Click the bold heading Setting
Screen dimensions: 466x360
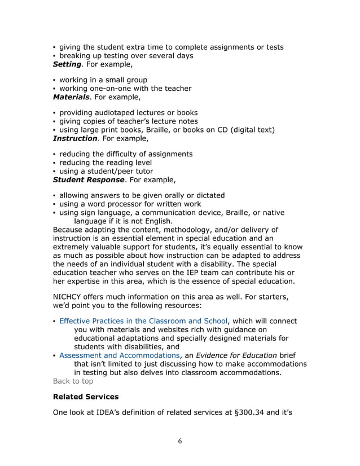click(67, 64)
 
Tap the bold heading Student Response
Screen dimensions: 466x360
click(89, 180)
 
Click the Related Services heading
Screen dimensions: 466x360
click(85, 397)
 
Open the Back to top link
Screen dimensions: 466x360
click(73, 381)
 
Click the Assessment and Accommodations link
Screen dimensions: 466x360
click(120, 355)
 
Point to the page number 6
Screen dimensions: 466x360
click(179, 441)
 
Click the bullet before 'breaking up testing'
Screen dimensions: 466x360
click(54, 56)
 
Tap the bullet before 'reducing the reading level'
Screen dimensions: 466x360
click(54, 163)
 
